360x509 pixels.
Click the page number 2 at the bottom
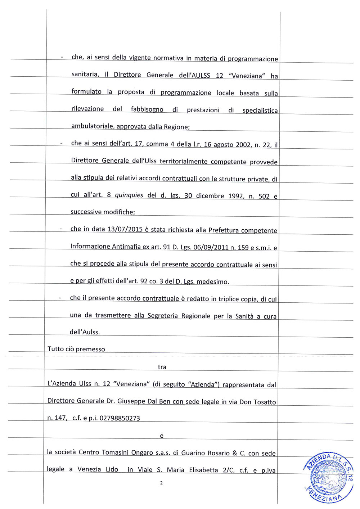pyautogui.click(x=161, y=483)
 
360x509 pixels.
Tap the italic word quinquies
pyautogui.click(x=129, y=195)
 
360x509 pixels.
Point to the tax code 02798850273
pyautogui.click(x=120, y=418)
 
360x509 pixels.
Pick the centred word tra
pyautogui.click(x=162, y=367)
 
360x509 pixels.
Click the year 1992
pyautogui.click(x=236, y=196)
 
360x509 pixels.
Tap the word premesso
pyautogui.click(x=90, y=349)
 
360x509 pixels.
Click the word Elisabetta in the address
pyautogui.click(x=203, y=470)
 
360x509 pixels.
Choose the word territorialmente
pyautogui.click(x=183, y=162)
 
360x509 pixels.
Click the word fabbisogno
pyautogui.click(x=147, y=109)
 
